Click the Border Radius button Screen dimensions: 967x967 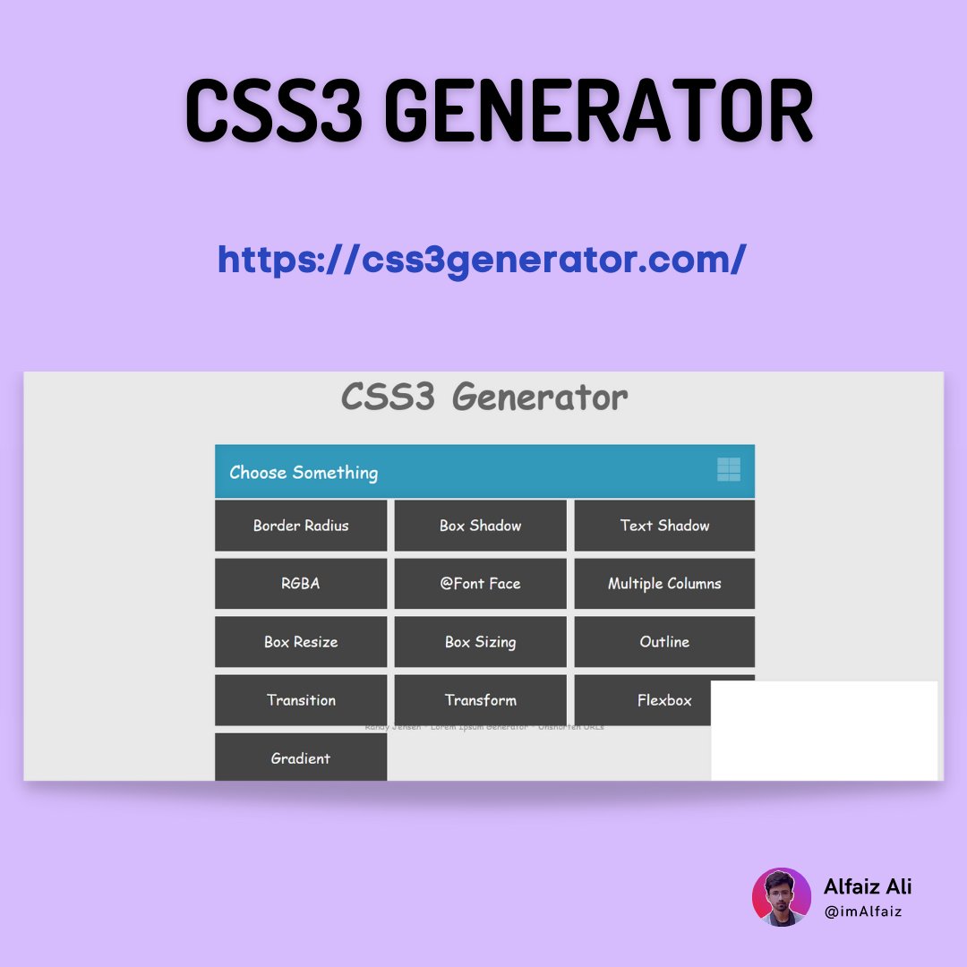(301, 526)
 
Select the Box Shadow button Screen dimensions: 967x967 (480, 526)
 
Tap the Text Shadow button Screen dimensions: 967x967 (664, 526)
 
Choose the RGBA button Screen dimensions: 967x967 (301, 584)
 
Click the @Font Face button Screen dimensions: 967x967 (480, 584)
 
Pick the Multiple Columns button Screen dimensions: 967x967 (664, 584)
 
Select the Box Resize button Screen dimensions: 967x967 (301, 642)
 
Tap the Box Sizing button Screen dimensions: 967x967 (480, 642)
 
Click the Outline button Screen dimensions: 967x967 (664, 642)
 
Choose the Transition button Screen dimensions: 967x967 (301, 700)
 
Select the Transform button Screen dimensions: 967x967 (480, 700)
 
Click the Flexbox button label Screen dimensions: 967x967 (664, 700)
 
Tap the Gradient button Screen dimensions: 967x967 (301, 757)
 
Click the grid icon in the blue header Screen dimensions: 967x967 (729, 469)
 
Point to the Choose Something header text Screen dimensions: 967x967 (304, 473)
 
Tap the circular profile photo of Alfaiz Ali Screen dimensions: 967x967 (782, 897)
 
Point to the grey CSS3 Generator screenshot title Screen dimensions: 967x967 (484, 397)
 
